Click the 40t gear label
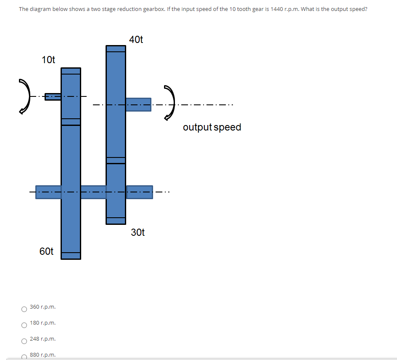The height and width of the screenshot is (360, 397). [136, 40]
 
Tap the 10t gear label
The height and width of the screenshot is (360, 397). [48, 60]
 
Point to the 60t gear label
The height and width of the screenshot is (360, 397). [46, 251]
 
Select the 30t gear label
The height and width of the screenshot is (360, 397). [138, 232]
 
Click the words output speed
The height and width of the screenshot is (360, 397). [212, 127]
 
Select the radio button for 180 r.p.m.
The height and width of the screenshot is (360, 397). [24, 325]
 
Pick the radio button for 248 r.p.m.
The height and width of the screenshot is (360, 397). [24, 341]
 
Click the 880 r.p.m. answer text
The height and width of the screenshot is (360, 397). [43, 355]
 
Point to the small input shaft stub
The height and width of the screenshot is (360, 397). [53, 96]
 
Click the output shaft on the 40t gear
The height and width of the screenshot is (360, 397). [138, 104]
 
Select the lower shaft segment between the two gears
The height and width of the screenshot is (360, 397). [93, 192]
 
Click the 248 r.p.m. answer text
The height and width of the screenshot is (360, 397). [43, 339]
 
